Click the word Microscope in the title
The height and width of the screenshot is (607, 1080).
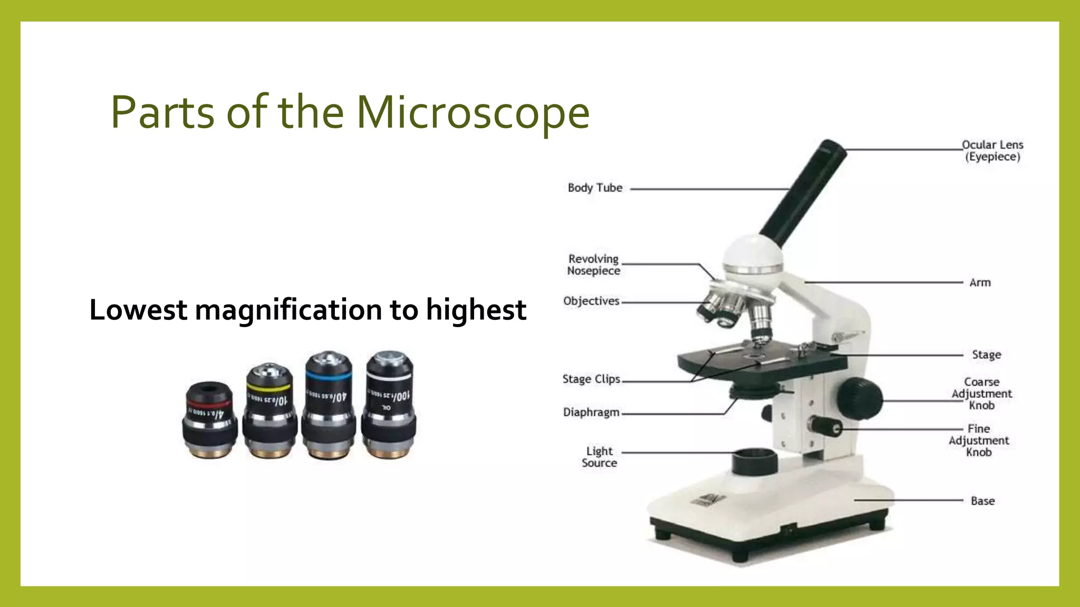[472, 112]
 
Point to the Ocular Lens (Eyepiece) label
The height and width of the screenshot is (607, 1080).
[992, 151]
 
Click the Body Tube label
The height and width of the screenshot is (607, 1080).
[595, 188]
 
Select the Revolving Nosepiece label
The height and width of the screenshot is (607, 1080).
[593, 265]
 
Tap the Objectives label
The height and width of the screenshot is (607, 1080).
[591, 301]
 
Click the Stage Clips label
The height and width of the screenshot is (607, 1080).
[591, 379]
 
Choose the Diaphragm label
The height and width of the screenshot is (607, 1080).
[591, 412]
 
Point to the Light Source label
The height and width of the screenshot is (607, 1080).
[599, 457]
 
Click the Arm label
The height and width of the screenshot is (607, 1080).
[980, 283]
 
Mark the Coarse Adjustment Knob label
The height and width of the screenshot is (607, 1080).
[981, 394]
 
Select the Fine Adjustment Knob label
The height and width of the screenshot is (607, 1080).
[979, 440]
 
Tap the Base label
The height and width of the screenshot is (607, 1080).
[982, 501]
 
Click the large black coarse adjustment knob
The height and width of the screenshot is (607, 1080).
[859, 398]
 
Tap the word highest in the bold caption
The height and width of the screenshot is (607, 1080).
[476, 310]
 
